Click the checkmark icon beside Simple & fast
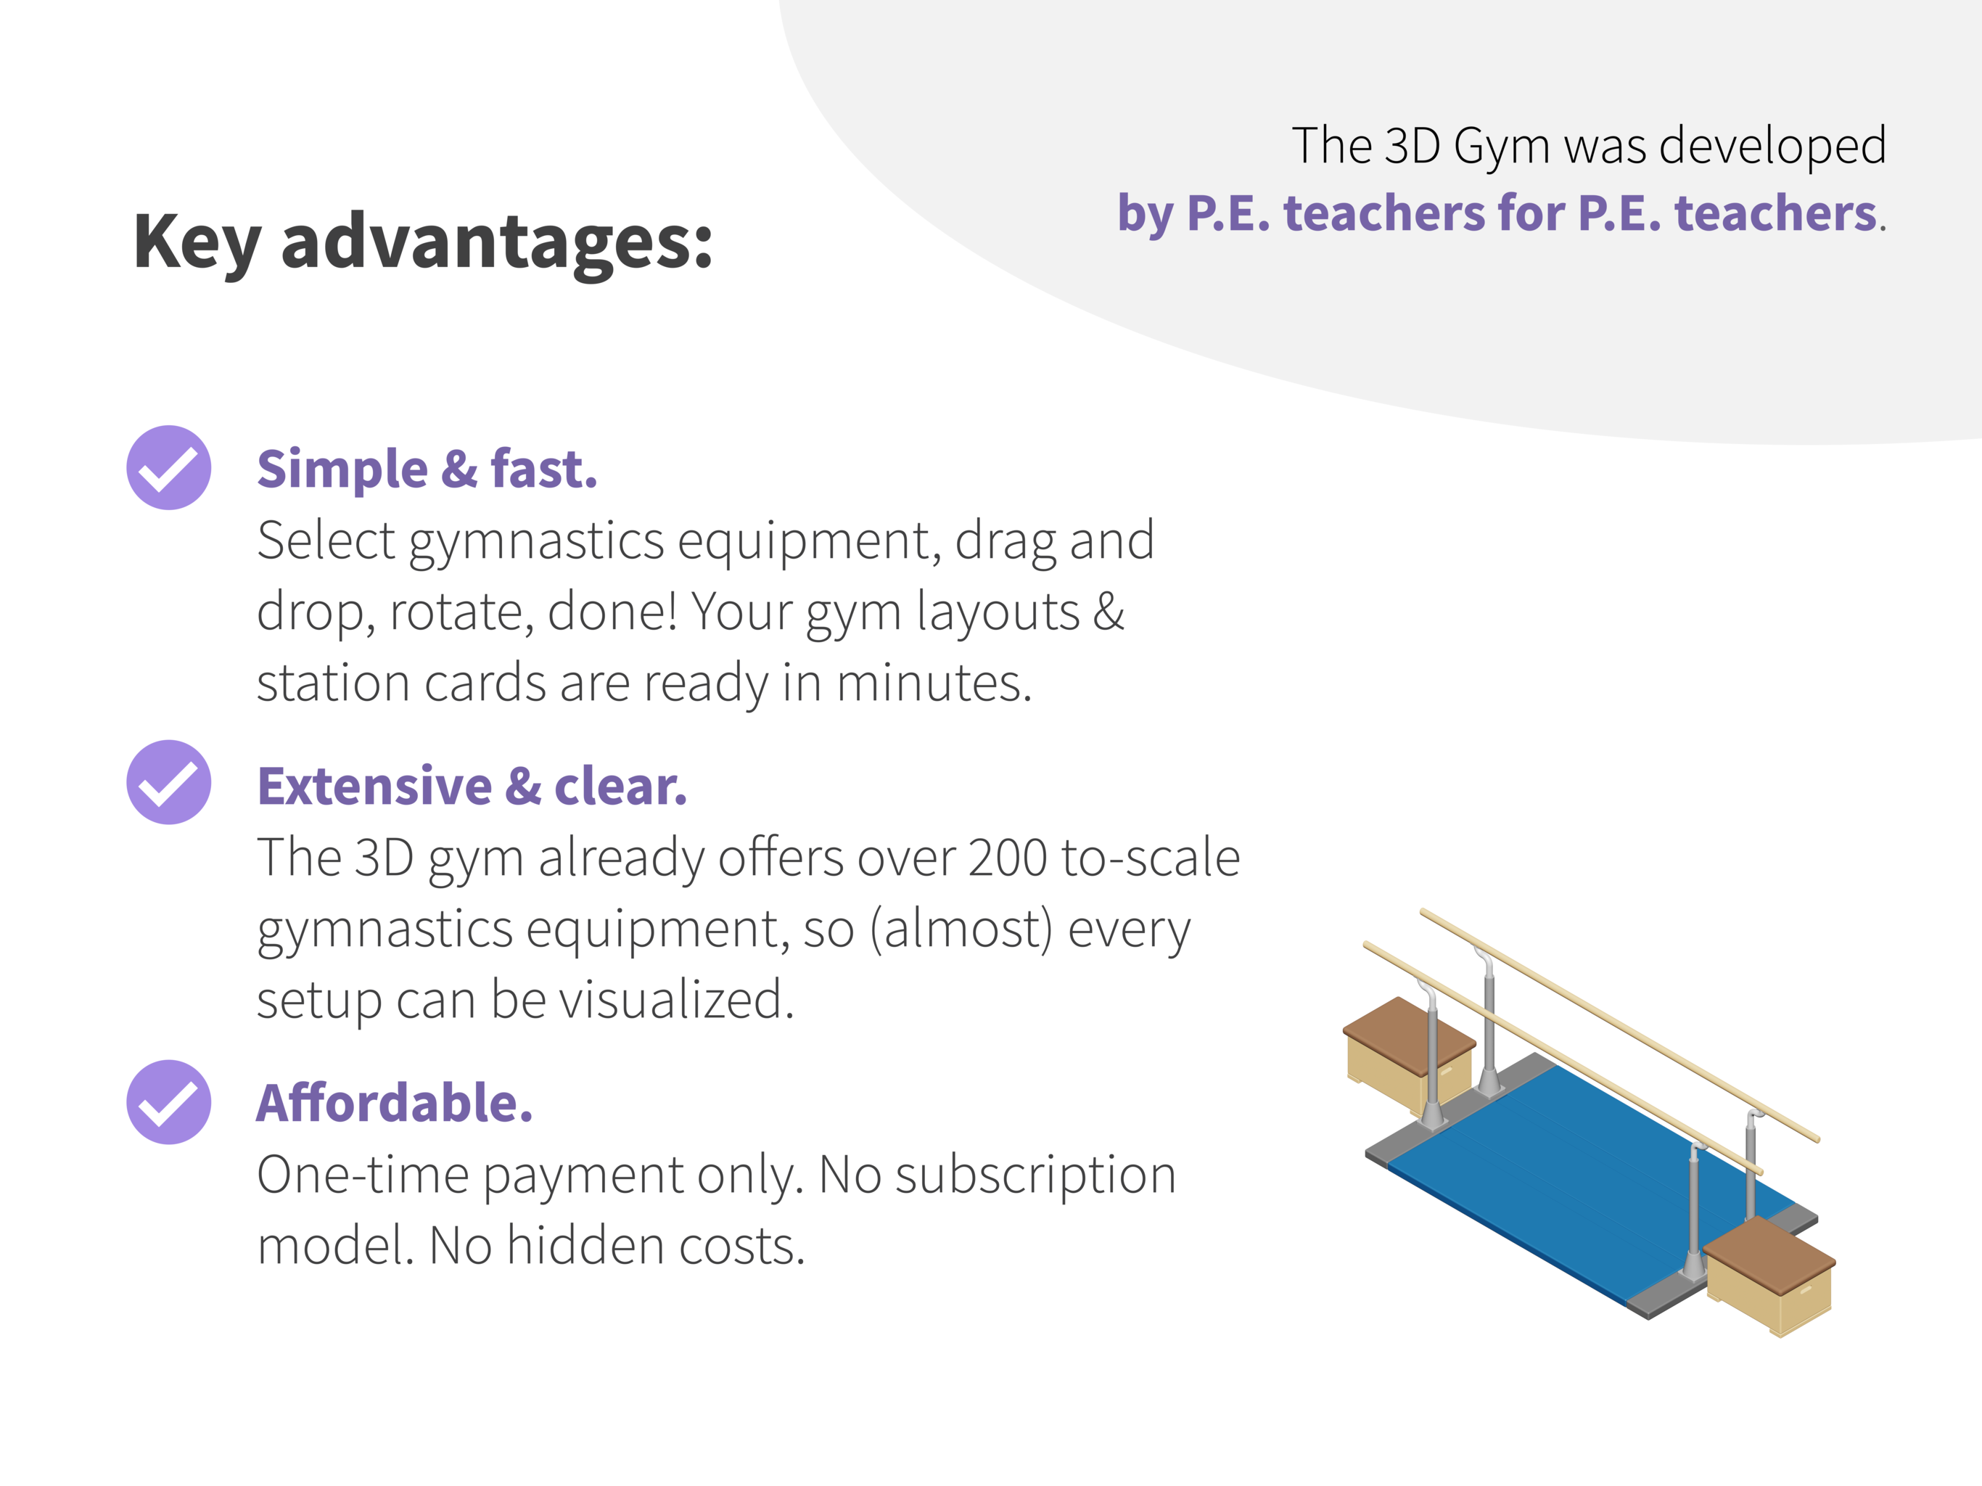[168, 468]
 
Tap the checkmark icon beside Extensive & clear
[168, 782]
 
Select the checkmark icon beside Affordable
[168, 1102]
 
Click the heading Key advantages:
[423, 242]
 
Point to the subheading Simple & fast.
[427, 469]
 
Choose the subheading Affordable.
[394, 1104]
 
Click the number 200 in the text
[1007, 858]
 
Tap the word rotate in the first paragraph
[462, 613]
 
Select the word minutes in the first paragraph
[934, 684]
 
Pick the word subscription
[1035, 1177]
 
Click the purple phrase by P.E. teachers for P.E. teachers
[1497, 215]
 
